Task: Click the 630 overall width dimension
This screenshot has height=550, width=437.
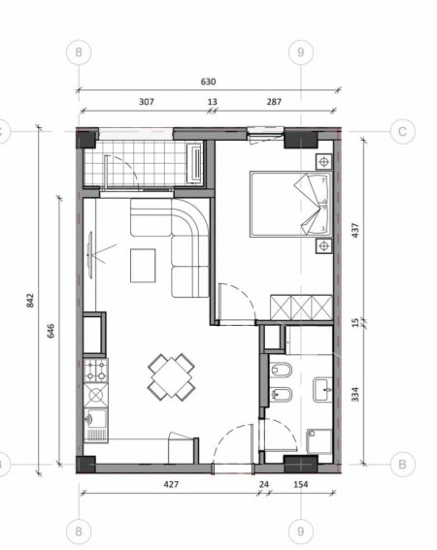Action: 207,82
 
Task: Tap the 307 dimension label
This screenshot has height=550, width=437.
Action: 147,102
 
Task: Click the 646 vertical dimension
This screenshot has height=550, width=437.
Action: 49,329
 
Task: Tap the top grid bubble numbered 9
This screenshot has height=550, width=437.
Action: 302,50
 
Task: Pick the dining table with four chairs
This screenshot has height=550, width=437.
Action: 171,376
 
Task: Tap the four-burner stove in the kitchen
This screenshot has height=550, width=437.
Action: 96,370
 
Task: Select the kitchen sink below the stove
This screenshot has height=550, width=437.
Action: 95,421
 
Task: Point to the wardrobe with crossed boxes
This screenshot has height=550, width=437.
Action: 300,307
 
